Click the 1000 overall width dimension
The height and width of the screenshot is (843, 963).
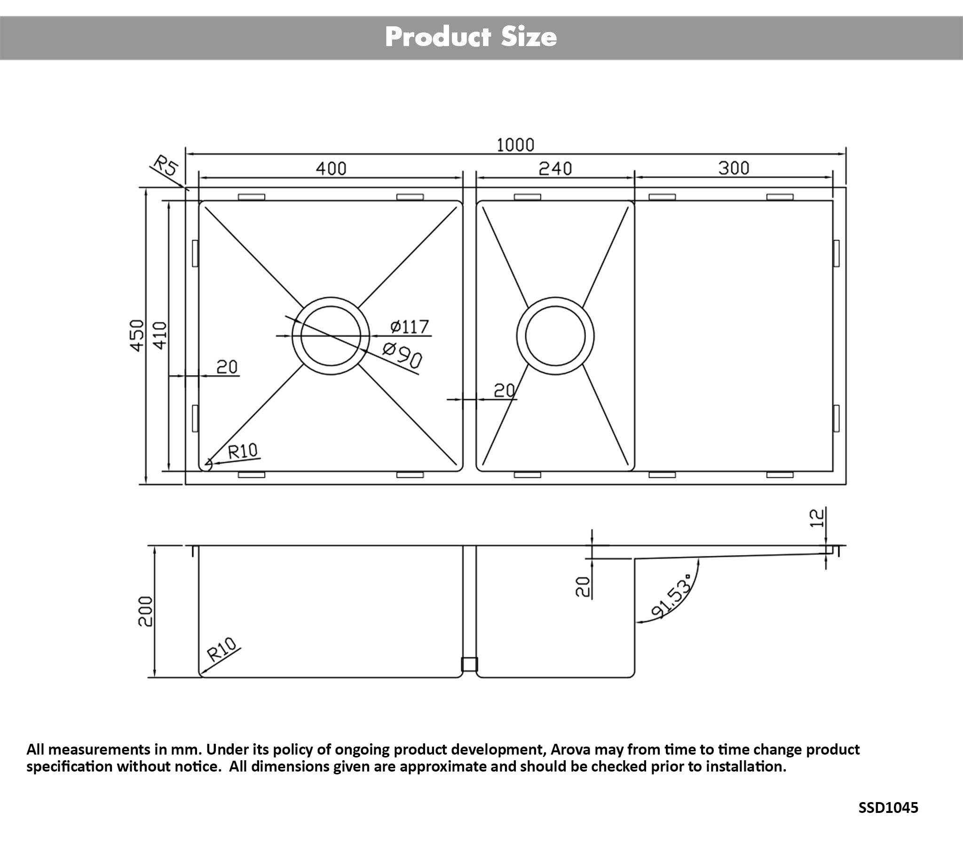point(515,145)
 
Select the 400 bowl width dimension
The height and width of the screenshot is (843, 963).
point(331,168)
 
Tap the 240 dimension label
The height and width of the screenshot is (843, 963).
point(555,168)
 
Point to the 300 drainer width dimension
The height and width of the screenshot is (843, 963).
point(734,168)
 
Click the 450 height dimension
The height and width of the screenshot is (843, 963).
point(137,335)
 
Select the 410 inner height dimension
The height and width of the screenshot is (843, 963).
point(160,335)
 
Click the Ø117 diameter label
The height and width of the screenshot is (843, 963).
point(409,326)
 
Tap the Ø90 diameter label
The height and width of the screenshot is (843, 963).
point(402,355)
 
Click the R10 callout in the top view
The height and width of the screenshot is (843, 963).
point(243,452)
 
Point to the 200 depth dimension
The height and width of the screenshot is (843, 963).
point(146,611)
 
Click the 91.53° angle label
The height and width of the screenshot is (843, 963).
point(672,597)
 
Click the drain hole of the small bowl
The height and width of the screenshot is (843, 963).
point(555,336)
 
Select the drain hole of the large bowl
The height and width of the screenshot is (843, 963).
point(331,336)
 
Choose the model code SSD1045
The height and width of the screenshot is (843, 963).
point(888,808)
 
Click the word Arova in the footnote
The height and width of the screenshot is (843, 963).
point(570,749)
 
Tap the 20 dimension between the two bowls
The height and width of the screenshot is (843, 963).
point(504,390)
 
